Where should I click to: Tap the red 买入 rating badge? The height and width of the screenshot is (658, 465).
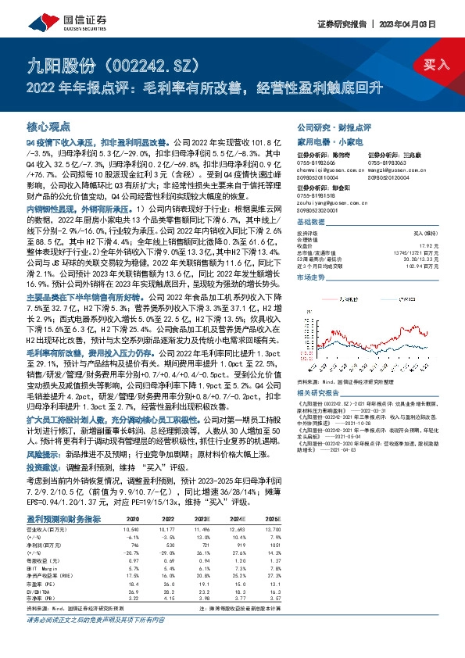[435, 64]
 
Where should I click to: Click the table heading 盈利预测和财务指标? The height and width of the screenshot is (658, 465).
[59, 517]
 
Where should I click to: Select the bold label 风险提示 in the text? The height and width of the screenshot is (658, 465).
[41, 453]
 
